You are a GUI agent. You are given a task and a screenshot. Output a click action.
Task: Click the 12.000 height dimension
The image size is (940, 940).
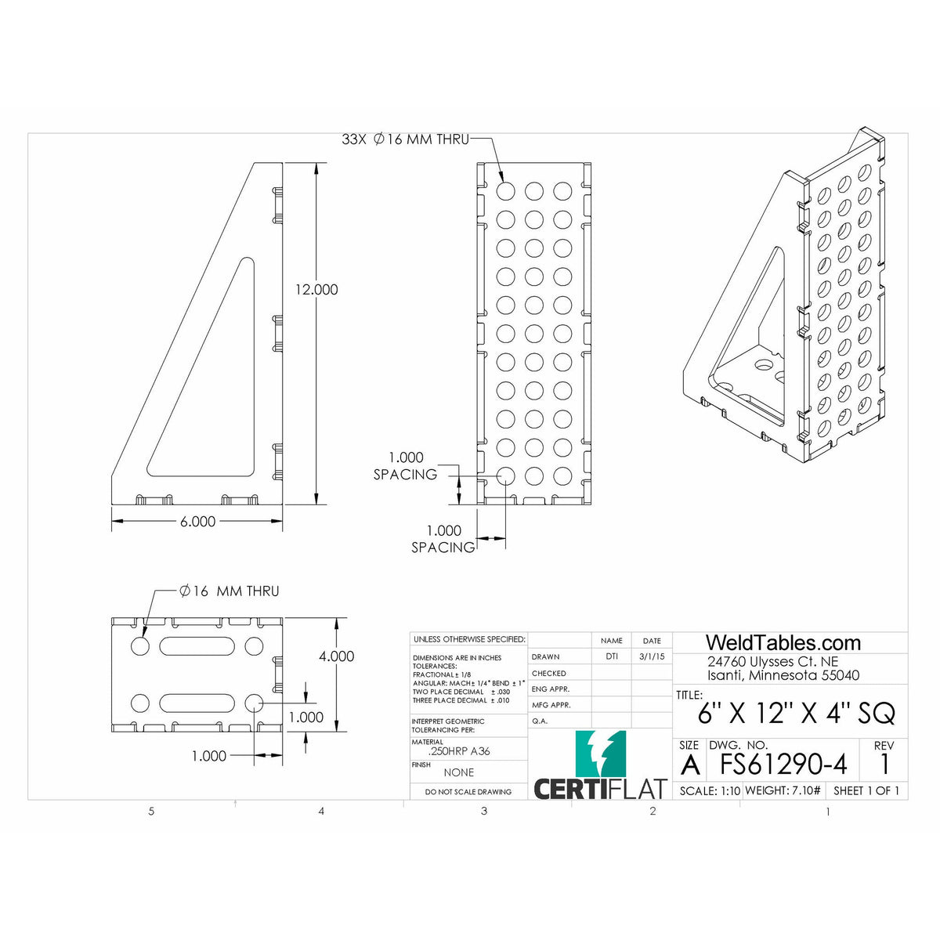pos(316,290)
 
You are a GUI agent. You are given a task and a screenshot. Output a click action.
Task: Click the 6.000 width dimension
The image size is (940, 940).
pos(197,522)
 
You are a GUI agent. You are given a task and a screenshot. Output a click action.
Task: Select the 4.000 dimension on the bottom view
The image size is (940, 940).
pos(336,656)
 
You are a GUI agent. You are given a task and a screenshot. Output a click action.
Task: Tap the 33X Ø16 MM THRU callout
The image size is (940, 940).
pos(405,139)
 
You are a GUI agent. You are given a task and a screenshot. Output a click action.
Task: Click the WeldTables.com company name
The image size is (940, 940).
pos(783,643)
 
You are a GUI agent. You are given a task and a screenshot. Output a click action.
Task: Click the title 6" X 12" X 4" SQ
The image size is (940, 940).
pos(796,714)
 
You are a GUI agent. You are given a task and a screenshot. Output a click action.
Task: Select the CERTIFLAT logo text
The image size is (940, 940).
pos(599,788)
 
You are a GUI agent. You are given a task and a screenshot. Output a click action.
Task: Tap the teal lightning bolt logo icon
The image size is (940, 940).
pos(601,753)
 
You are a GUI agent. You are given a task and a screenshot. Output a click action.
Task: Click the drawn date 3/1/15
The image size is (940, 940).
pos(651,657)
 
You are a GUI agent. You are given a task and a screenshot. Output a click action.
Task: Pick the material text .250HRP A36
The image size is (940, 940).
pos(459,751)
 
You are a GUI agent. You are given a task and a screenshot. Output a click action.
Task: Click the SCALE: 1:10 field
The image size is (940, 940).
pos(709,790)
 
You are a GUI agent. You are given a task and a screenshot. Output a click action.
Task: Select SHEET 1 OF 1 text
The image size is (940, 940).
pos(866,790)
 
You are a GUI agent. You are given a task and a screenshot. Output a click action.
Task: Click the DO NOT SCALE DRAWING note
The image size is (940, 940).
pos(468,792)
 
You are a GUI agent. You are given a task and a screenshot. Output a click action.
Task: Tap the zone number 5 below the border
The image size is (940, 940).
pos(151,812)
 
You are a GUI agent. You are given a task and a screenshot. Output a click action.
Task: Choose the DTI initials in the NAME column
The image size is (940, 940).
pos(611,657)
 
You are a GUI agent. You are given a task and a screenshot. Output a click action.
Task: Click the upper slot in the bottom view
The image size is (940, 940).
pos(197,646)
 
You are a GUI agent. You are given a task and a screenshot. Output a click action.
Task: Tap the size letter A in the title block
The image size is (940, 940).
pos(689,764)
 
